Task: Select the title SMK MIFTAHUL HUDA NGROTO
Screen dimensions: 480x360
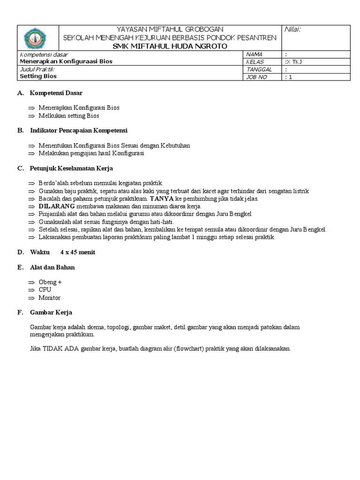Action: tap(170, 46)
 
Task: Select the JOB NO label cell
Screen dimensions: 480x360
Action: tap(256, 77)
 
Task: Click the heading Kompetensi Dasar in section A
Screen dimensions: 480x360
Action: tap(56, 93)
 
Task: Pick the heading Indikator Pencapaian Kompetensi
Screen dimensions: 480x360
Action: tap(79, 130)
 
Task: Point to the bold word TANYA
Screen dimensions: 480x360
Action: tap(162, 199)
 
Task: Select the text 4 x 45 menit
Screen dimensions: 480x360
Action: tap(78, 252)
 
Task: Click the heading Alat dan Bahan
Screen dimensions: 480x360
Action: tap(52, 267)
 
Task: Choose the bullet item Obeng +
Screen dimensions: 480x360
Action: tap(50, 282)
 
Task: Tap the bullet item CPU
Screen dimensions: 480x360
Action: tap(45, 290)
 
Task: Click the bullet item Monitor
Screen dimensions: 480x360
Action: tap(49, 298)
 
